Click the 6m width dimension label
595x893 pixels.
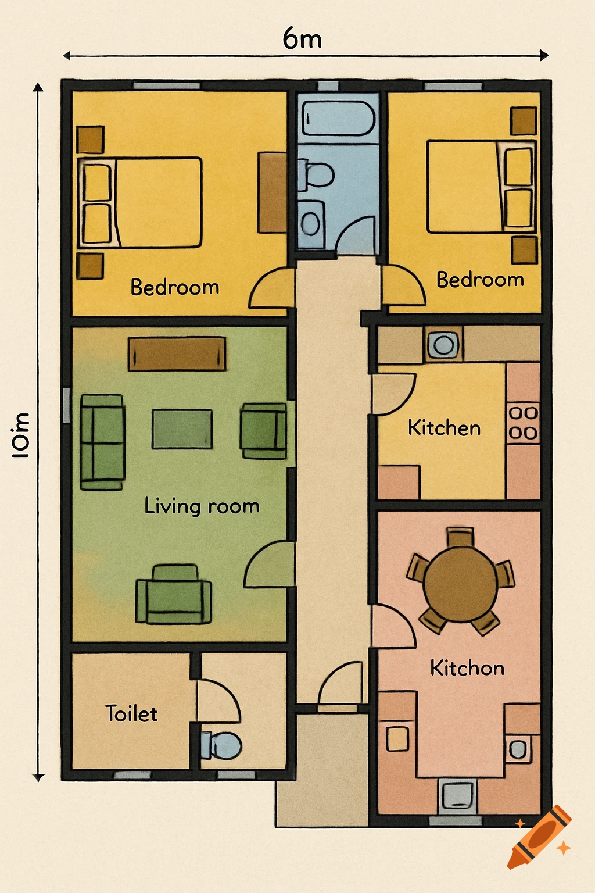[302, 39]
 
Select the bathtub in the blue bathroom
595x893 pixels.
[338, 119]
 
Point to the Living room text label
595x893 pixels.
[201, 506]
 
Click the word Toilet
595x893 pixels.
[131, 713]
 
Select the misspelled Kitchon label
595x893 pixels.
[467, 667]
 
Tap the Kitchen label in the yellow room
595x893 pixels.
[444, 428]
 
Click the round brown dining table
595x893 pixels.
[460, 583]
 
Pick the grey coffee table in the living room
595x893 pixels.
[182, 429]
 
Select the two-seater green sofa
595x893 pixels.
[102, 442]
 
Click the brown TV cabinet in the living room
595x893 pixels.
[177, 353]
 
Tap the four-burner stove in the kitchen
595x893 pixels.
[523, 423]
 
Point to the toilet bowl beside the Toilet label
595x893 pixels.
[222, 745]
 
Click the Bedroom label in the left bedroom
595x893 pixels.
[174, 287]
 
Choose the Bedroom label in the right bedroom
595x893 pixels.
[480, 280]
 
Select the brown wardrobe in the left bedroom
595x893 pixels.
[272, 192]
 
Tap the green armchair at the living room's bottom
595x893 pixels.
[173, 595]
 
